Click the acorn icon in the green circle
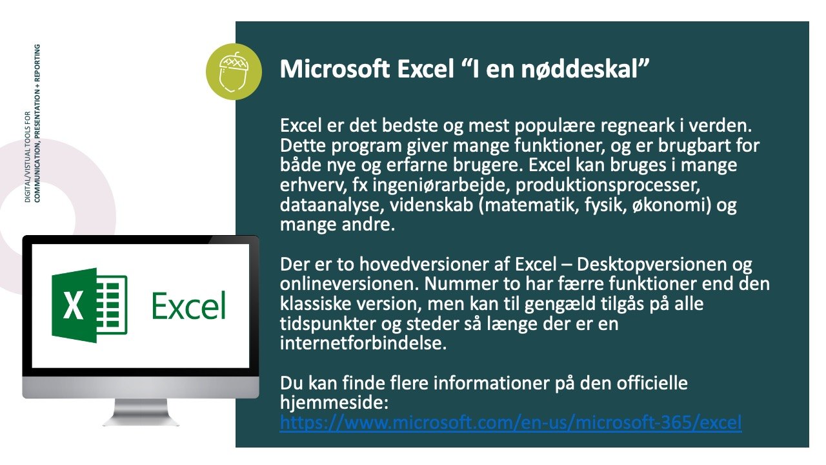click(234, 72)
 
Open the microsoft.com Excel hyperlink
click(510, 422)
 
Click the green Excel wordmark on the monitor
click(189, 305)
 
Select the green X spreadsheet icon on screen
click(90, 305)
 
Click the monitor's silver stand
click(141, 412)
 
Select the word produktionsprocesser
click(608, 185)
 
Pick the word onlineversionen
click(350, 284)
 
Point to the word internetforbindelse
click(363, 344)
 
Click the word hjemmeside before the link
click(334, 402)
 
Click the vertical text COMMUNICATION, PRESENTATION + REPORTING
click(37, 123)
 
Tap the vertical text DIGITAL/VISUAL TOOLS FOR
click(28, 157)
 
